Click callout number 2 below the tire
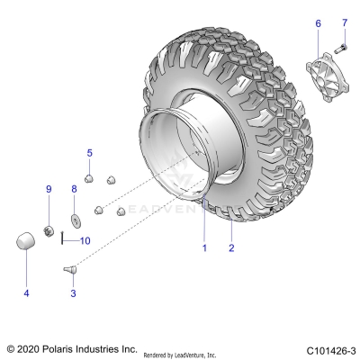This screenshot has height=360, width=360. click(x=231, y=247)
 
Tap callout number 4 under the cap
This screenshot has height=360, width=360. click(x=25, y=292)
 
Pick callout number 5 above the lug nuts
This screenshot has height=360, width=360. click(x=89, y=153)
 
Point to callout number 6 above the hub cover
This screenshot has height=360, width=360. click(x=317, y=22)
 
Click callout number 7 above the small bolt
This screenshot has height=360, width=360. click(x=343, y=22)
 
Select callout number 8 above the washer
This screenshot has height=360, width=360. click(x=74, y=188)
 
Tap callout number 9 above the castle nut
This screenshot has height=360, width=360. click(x=49, y=188)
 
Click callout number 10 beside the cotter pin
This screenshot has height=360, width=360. click(x=85, y=240)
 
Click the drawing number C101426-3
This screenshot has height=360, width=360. click(x=329, y=348)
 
